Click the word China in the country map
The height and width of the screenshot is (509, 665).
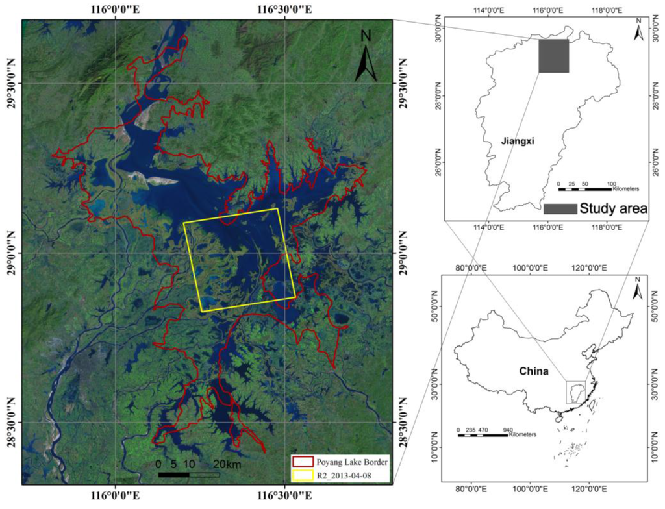coord(534,372)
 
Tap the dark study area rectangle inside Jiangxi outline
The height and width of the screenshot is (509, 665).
coord(553,56)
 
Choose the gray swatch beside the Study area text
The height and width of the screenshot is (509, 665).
coord(560,208)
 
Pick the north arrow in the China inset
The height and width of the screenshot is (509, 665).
coord(638,289)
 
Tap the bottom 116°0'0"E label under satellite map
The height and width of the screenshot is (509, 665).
coord(116,499)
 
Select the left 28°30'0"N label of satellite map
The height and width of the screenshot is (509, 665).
coord(11,422)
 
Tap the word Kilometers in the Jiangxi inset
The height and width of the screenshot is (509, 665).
coord(625,188)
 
